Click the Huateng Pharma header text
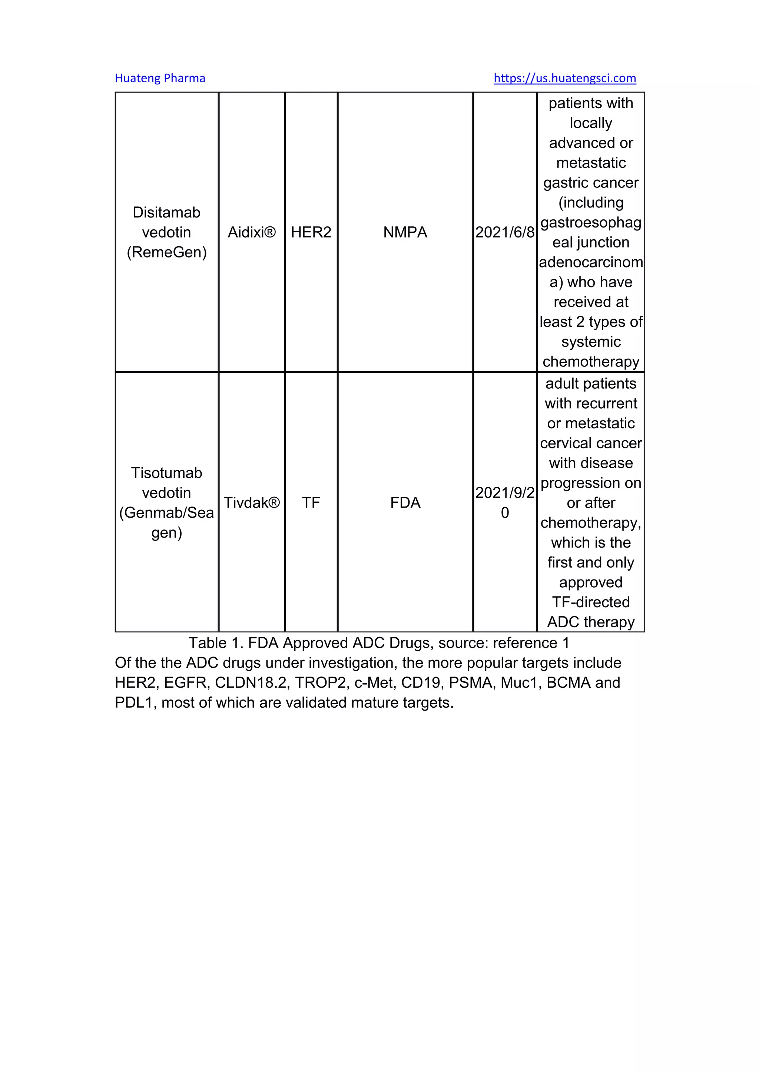160,78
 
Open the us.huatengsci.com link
564,78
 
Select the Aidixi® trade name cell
251,232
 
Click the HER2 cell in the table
311,232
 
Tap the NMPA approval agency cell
405,232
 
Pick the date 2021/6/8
505,232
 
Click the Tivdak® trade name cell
251,503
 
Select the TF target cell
311,503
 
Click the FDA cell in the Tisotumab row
405,503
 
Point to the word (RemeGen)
166,252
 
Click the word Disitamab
166,213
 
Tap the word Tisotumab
166,473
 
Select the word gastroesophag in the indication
591,222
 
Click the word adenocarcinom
591,262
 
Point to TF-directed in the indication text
591,602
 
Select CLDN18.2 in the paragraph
250,683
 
